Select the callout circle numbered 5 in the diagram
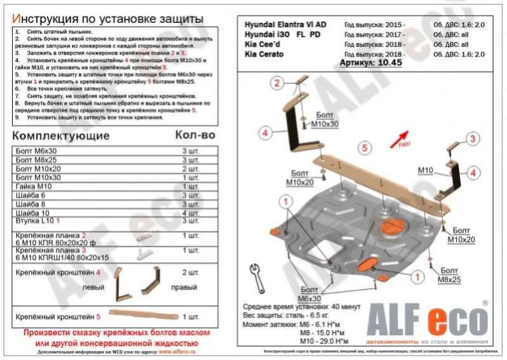[x=364, y=148]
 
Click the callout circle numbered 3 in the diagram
[x=472, y=139]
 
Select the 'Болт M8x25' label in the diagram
[x=449, y=275]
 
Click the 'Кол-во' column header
[x=195, y=135]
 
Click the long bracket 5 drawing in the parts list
[x=143, y=314]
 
